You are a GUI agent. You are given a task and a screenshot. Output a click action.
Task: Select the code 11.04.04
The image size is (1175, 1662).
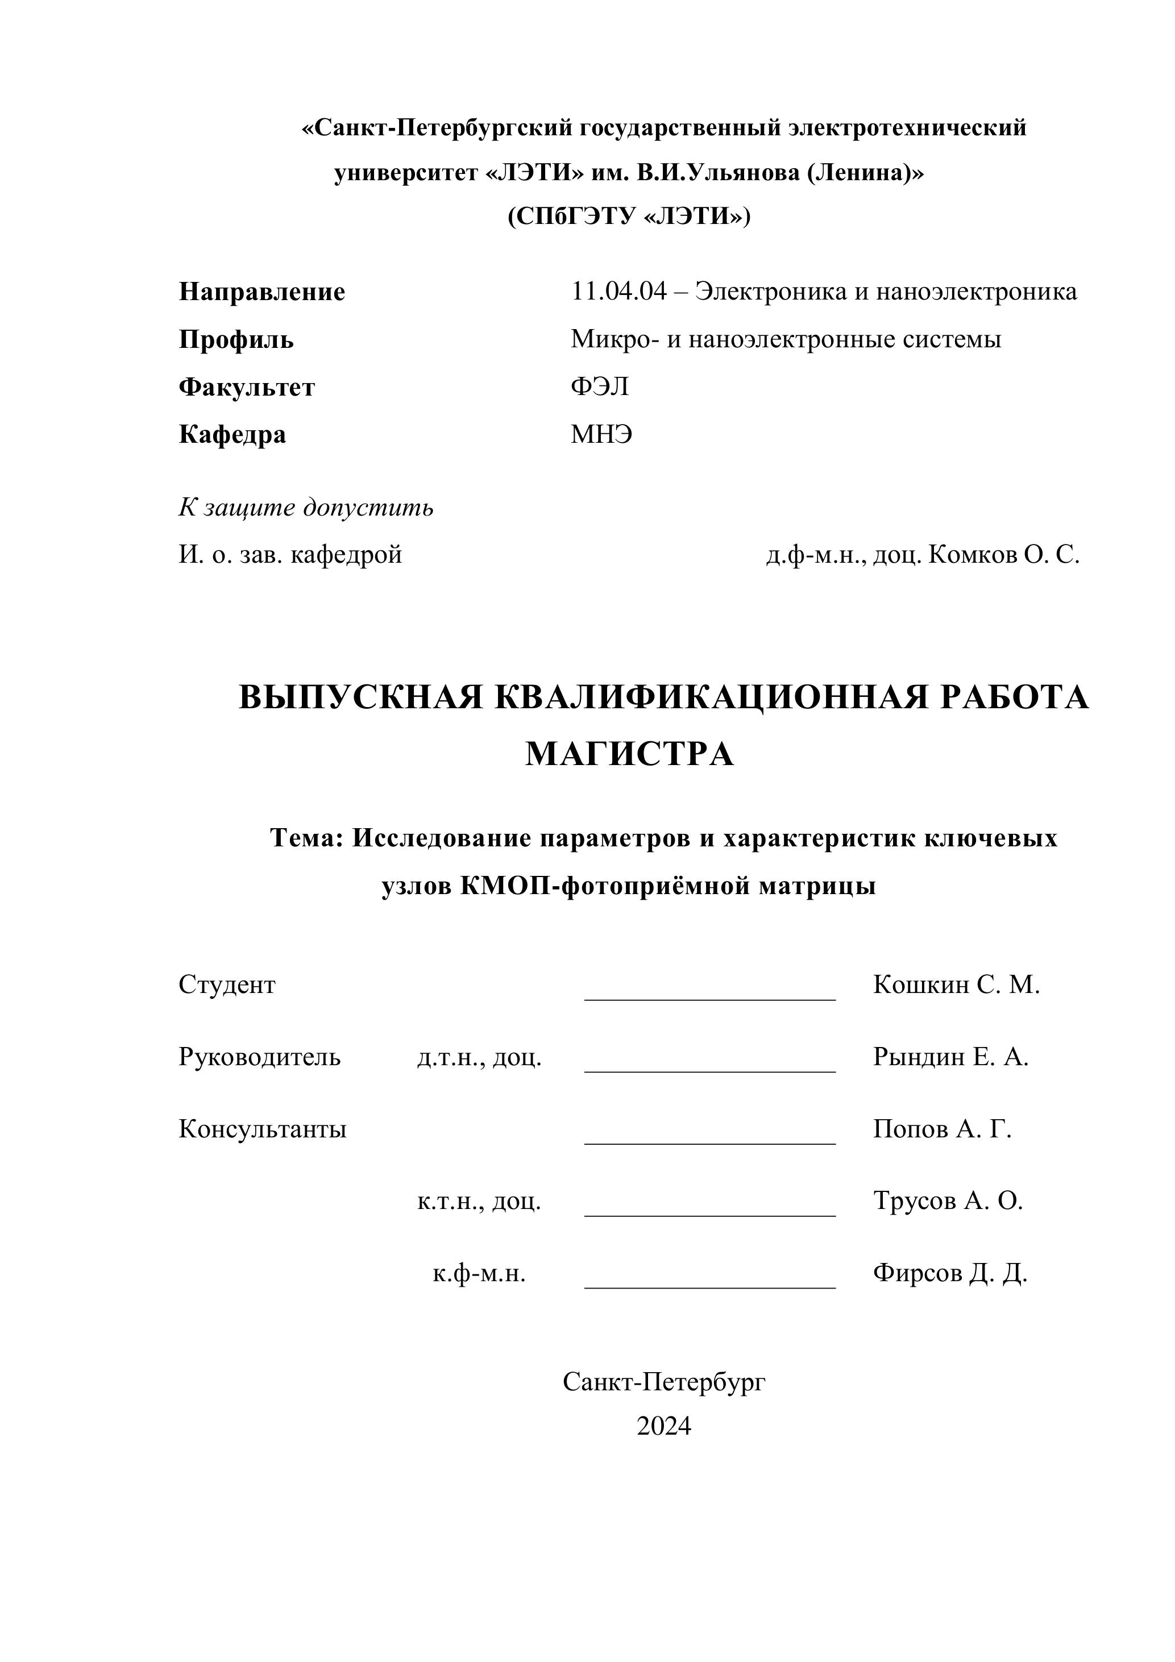coord(618,291)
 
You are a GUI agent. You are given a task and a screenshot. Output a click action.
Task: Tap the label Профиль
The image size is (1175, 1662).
coord(236,339)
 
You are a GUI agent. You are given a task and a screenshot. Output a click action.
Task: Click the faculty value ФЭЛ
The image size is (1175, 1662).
coord(600,387)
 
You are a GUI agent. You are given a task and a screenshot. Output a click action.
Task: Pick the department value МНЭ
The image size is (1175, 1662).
coord(601,434)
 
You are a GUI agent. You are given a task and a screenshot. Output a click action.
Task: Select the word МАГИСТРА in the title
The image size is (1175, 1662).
coord(629,754)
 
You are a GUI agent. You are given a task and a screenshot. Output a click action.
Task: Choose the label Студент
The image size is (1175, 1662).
coord(227,984)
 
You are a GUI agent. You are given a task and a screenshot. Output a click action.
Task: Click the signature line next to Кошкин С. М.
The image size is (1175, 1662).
coord(709,998)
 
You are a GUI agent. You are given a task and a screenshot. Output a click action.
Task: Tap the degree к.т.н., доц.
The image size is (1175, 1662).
coord(479,1201)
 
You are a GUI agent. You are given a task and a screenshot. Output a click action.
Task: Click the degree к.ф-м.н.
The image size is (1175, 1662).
coord(479,1273)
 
